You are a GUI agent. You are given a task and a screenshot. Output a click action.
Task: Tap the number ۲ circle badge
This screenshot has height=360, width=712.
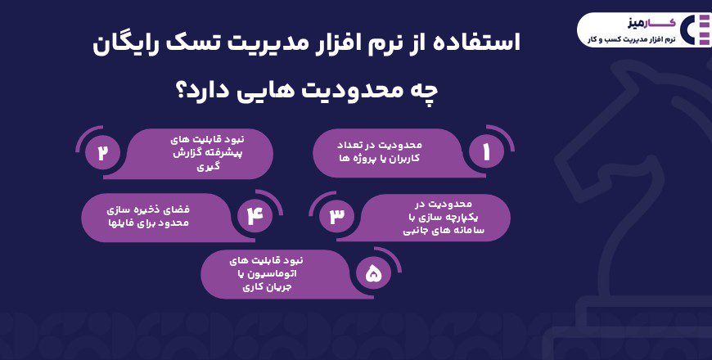(x=102, y=153)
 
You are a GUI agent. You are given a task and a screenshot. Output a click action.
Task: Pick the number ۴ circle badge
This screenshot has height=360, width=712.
(x=253, y=215)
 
